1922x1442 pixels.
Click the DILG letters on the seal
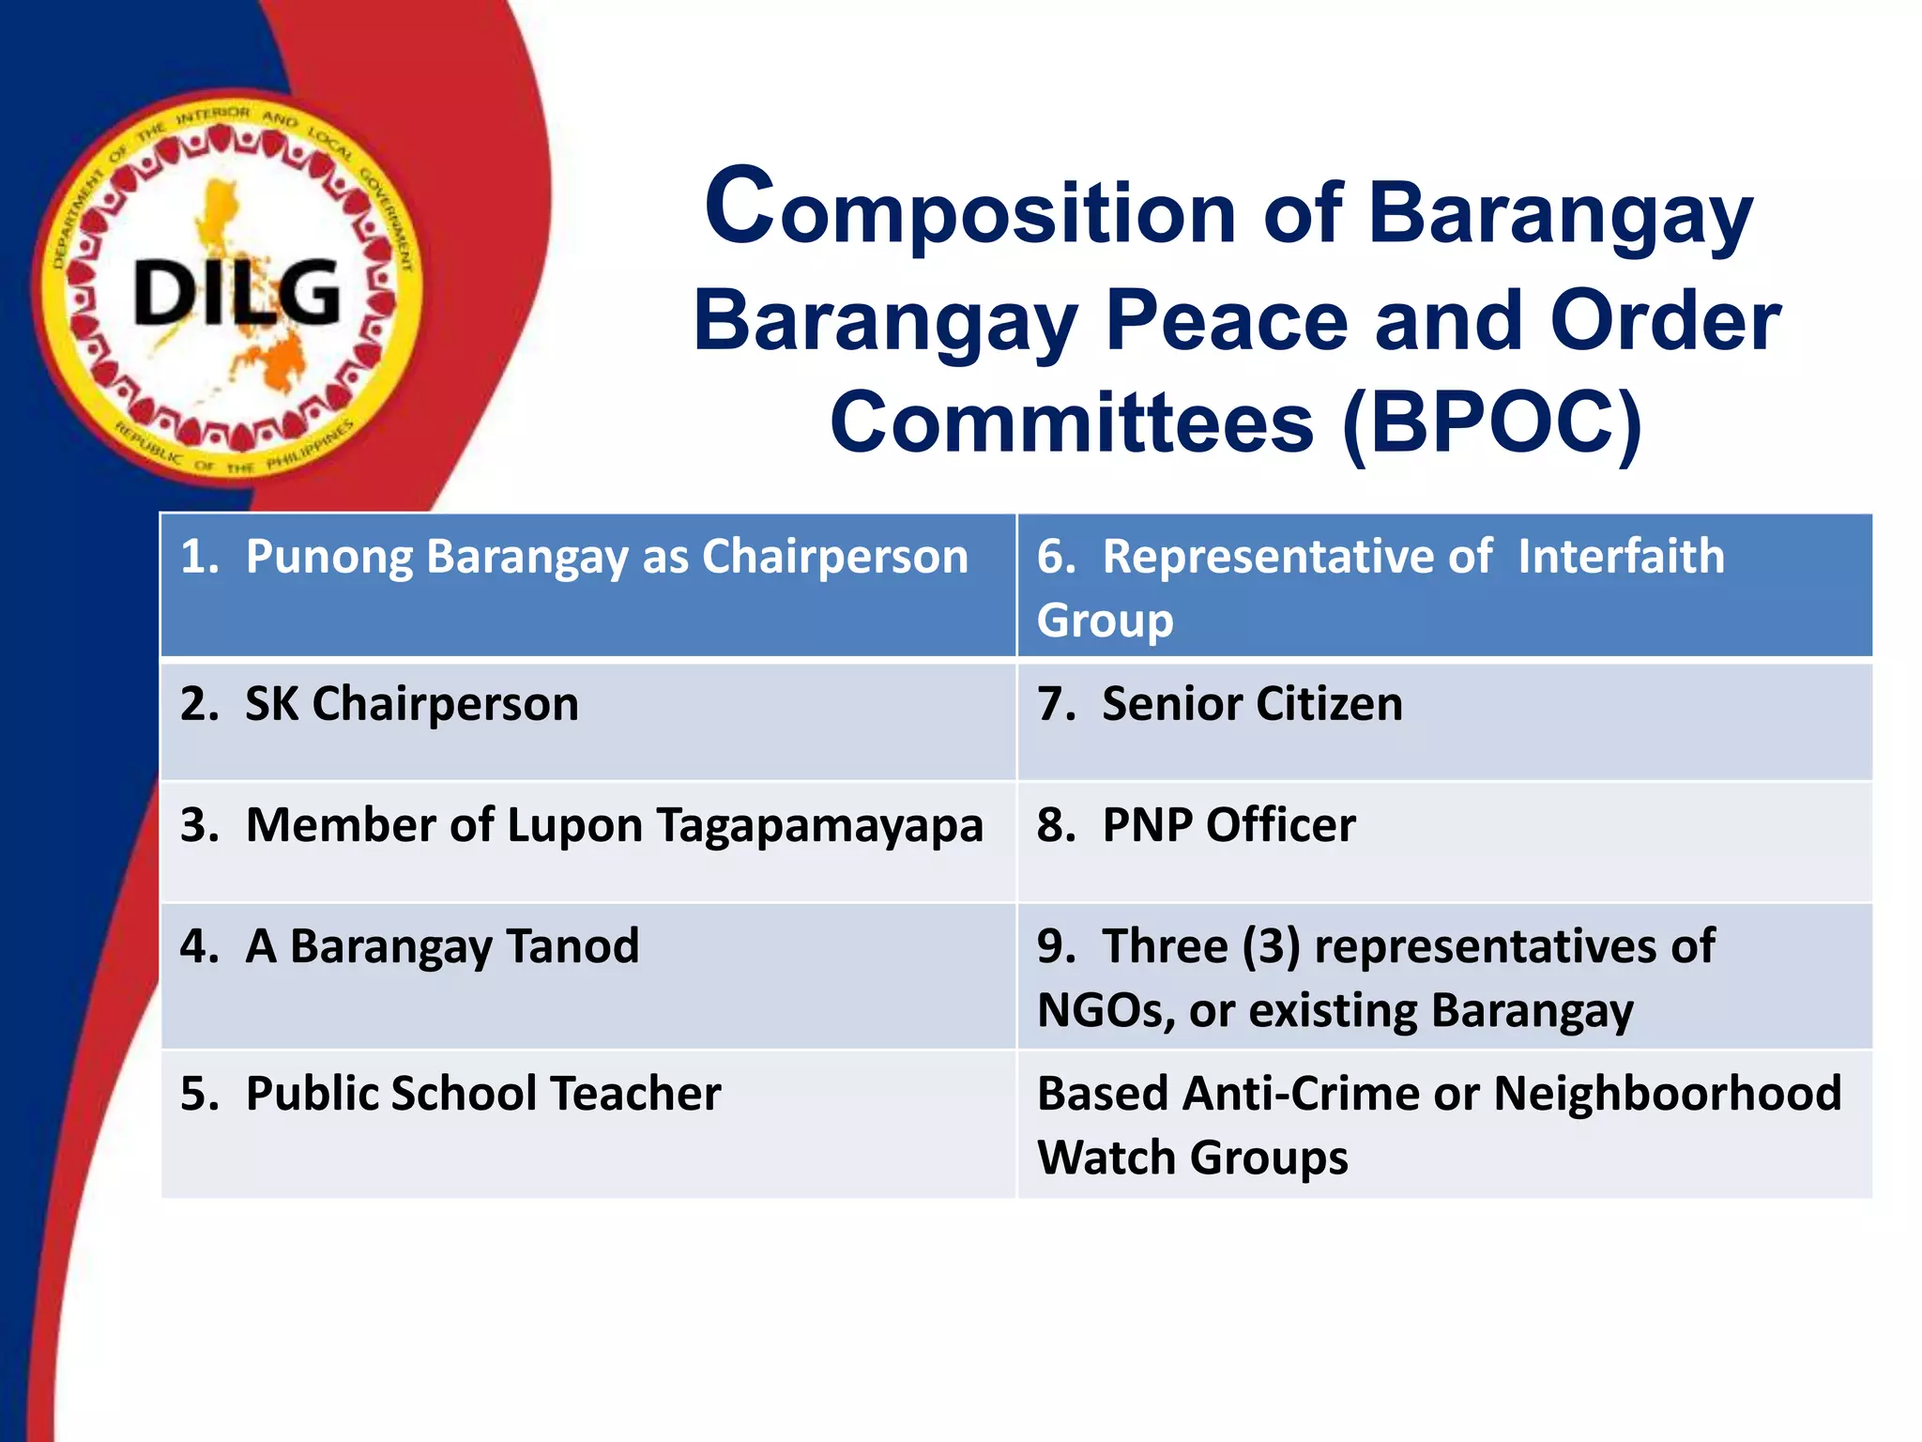236,292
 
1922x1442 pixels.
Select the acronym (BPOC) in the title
1491,422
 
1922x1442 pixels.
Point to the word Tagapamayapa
819,826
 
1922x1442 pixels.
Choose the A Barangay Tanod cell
441,946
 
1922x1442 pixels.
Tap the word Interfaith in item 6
1621,557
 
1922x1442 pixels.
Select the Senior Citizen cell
1252,704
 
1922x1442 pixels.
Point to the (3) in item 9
1271,946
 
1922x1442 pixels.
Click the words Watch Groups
1192,1158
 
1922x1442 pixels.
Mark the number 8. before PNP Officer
1055,825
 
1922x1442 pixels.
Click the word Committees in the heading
1071,422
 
